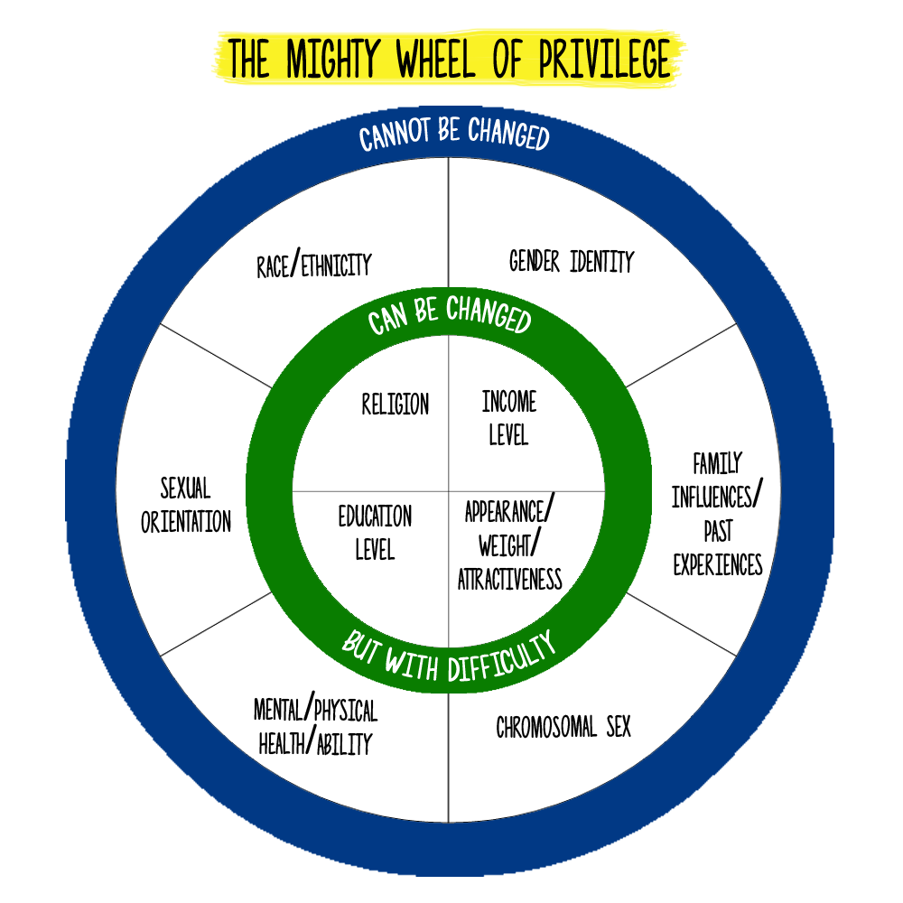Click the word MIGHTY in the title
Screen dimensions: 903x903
point(332,58)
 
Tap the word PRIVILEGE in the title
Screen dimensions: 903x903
point(604,58)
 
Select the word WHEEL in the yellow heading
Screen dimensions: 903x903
point(435,58)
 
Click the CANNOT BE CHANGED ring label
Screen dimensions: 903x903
point(454,134)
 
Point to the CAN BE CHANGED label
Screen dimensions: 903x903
point(449,314)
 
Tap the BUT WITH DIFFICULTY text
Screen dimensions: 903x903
point(449,656)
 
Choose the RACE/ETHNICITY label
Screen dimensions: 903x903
point(314,264)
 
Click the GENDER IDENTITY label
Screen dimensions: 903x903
point(572,261)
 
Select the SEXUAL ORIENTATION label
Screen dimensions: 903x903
point(185,505)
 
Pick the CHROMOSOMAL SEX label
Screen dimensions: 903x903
point(563,727)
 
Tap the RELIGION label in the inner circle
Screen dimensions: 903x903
point(396,404)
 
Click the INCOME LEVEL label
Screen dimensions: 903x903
point(509,418)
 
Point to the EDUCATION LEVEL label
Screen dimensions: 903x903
point(375,533)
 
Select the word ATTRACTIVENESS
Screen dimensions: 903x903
point(509,580)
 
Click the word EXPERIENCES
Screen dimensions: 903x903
point(718,564)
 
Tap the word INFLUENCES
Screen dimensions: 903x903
point(712,497)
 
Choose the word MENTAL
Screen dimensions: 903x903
point(278,710)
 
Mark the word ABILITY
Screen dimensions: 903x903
point(344,744)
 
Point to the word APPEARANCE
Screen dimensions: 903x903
point(505,512)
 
